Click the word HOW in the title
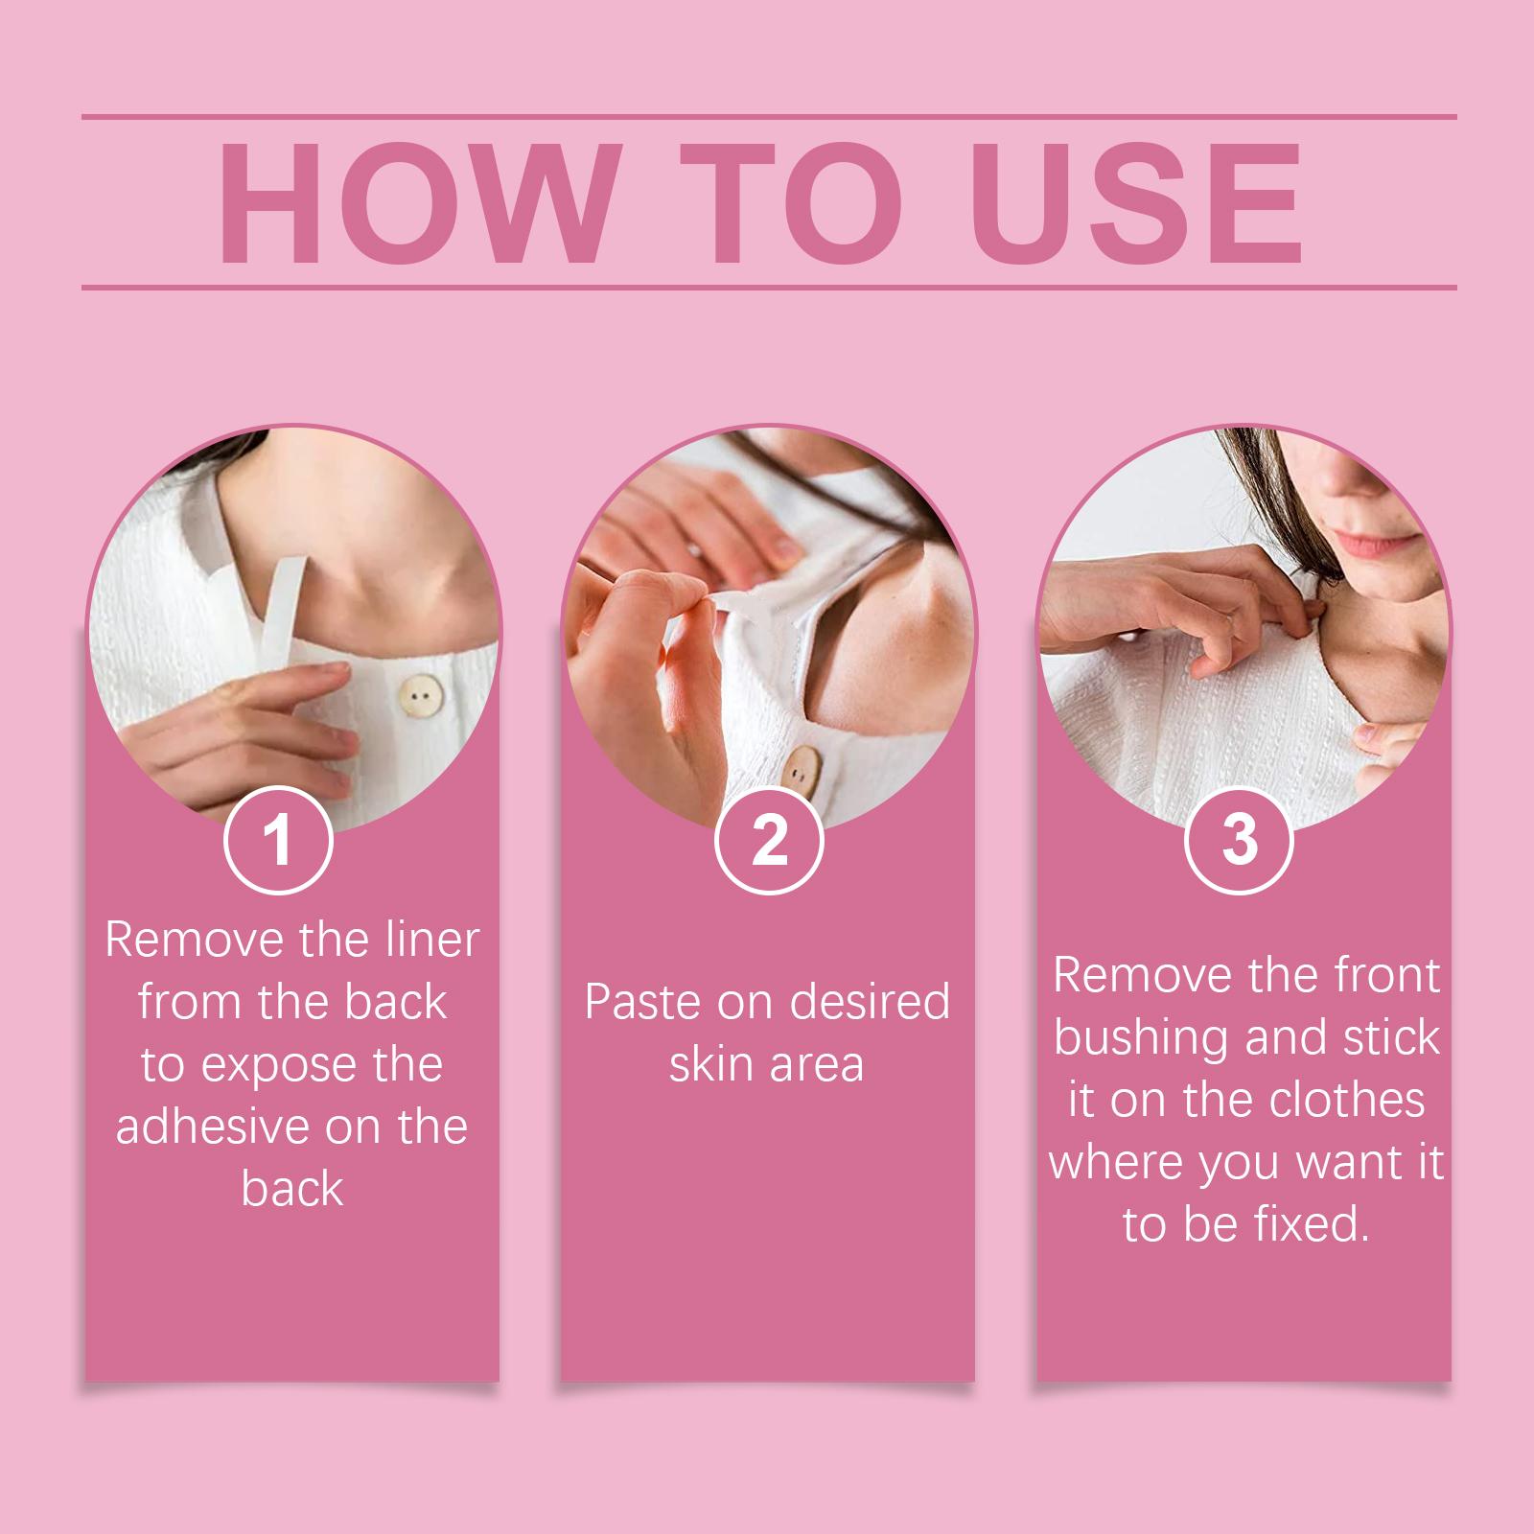(414, 204)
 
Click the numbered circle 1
(278, 840)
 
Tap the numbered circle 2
(769, 840)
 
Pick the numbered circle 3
(1239, 840)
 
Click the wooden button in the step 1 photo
(417, 692)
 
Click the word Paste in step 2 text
(643, 1002)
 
